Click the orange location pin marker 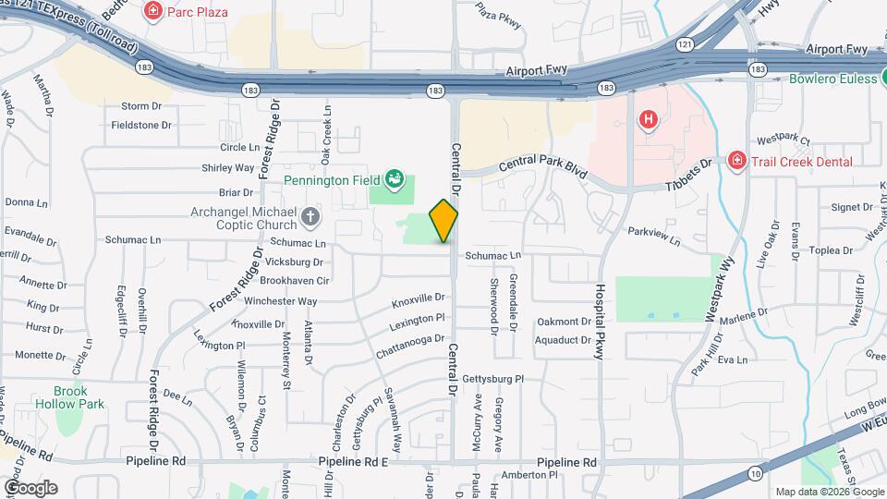444,220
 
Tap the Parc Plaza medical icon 152,10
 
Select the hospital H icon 649,119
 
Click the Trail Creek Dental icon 736,161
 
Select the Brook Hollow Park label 70,397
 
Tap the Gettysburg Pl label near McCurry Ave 492,379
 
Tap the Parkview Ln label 654,237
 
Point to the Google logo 30,487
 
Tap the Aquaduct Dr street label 563,340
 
